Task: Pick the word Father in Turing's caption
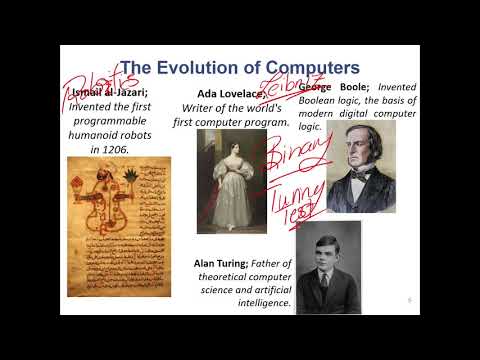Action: [268, 262]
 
